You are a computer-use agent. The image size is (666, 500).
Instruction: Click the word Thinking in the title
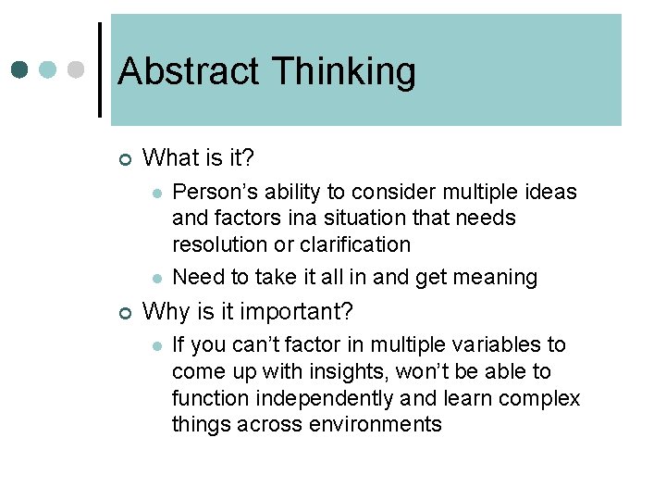click(343, 71)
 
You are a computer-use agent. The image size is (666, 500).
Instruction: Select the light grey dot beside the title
click(77, 69)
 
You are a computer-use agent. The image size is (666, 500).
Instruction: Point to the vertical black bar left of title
click(100, 69)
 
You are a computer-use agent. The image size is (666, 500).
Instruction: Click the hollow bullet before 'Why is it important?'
click(125, 312)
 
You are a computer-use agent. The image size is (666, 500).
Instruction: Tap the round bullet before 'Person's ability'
click(157, 194)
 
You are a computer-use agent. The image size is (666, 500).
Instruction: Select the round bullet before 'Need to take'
click(157, 278)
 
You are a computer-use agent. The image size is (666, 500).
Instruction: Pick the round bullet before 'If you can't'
click(157, 346)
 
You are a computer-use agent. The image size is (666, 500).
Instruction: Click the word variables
click(488, 345)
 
